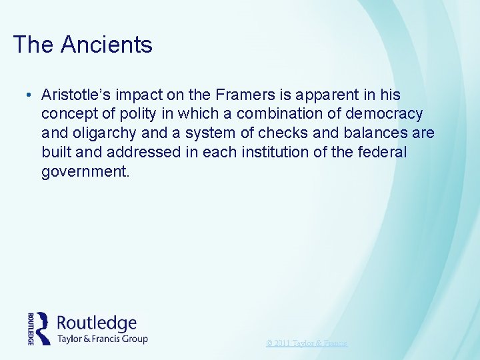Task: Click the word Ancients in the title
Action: (x=107, y=45)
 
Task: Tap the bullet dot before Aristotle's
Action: (x=31, y=95)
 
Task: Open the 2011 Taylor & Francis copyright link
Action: (x=307, y=343)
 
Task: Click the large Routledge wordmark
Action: (x=97, y=323)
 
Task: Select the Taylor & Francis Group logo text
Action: (x=103, y=339)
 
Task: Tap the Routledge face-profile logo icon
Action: (x=43, y=328)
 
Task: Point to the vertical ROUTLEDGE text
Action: (x=30, y=328)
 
